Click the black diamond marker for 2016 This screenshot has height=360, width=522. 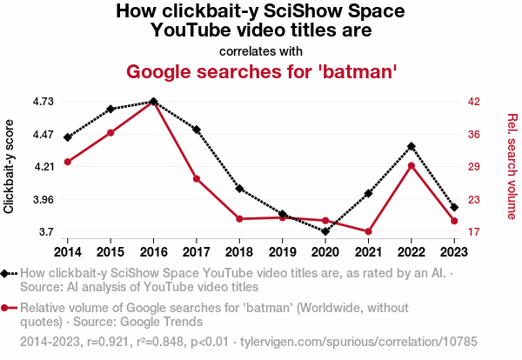tap(153, 102)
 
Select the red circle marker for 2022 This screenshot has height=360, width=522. tap(411, 165)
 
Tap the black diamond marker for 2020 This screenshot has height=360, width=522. tap(325, 231)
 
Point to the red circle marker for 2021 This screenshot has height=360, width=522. tap(368, 231)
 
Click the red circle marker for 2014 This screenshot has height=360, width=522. tap(67, 162)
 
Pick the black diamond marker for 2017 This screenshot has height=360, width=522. tap(197, 130)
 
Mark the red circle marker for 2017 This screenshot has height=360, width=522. tap(197, 179)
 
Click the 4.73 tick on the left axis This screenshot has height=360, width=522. tap(43, 102)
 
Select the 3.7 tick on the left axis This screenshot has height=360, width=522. tap(46, 232)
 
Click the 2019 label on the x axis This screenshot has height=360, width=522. tap(282, 251)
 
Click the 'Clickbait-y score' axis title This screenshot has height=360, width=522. tap(10, 166)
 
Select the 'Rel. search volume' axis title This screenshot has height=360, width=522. tap(512, 166)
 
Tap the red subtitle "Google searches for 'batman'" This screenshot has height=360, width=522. tap(262, 71)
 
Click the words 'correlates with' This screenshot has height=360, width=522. tap(261, 50)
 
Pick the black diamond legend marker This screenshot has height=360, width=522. tap(7, 273)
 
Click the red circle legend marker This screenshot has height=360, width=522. tap(7, 308)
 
